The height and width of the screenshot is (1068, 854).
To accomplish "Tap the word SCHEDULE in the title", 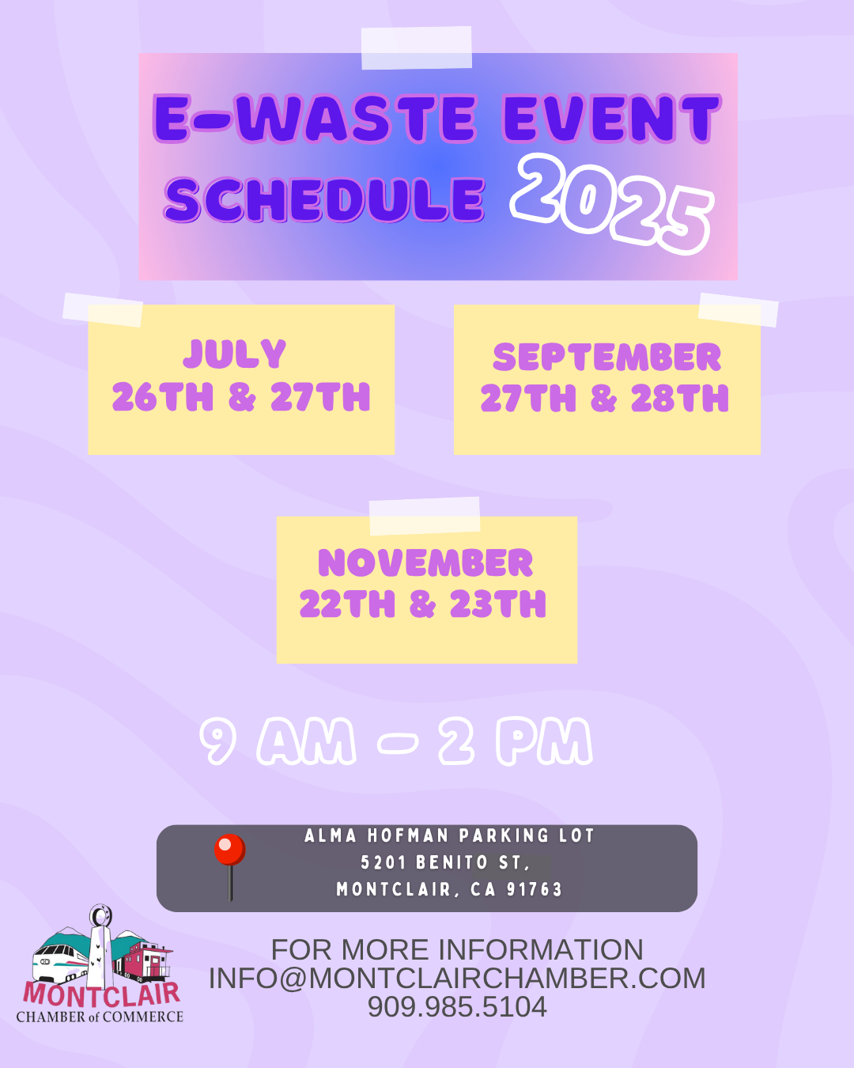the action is [x=324, y=199].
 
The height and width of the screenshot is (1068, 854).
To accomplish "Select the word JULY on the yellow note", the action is [x=235, y=354].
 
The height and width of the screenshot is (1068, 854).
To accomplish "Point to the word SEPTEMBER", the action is [x=606, y=357].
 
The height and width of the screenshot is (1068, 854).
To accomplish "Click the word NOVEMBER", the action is [x=425, y=562].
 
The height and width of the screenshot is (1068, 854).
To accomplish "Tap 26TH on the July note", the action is [x=162, y=396].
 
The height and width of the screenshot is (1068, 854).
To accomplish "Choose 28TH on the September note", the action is [x=679, y=398].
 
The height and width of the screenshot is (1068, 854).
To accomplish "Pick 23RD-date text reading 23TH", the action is [x=497, y=604].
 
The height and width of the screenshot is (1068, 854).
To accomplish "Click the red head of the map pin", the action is [x=230, y=849].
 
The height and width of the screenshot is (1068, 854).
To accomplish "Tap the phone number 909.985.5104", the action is [x=457, y=1006].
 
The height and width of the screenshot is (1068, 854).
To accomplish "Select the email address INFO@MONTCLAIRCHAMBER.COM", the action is [x=457, y=978].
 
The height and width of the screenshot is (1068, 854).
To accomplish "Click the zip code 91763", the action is [x=534, y=889].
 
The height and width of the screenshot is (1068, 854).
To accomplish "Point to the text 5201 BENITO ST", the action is [x=445, y=862].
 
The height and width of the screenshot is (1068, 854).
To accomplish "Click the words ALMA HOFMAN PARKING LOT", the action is [x=449, y=835].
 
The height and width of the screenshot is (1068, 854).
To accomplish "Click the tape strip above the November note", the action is [x=425, y=516].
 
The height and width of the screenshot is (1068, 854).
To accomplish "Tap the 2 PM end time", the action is [x=516, y=741].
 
